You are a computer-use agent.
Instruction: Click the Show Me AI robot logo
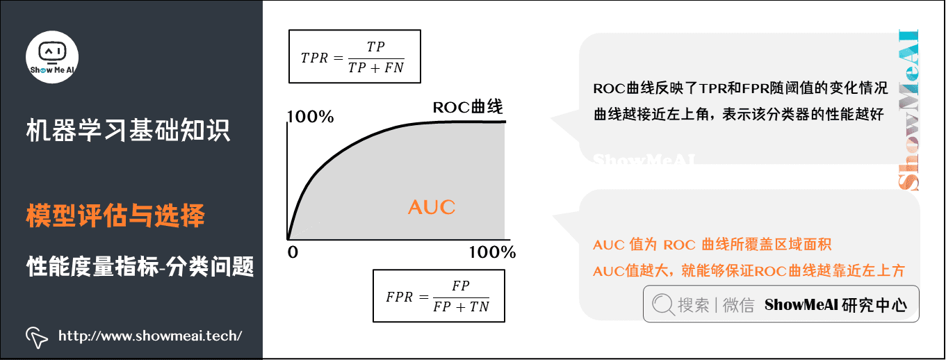pyautogui.click(x=52, y=55)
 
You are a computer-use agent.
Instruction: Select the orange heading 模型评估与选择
pyautogui.click(x=115, y=216)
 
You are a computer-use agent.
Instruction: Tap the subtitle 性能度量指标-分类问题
pyautogui.click(x=140, y=265)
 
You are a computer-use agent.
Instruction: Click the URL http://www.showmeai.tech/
pyautogui.click(x=150, y=336)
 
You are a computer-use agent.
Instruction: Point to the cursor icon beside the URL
pyautogui.click(x=36, y=337)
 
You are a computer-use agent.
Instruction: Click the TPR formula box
pyautogui.click(x=354, y=57)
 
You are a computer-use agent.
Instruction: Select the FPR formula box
pyautogui.click(x=439, y=296)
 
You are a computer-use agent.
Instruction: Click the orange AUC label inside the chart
pyautogui.click(x=431, y=207)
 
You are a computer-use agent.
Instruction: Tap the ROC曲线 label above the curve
pyautogui.click(x=467, y=107)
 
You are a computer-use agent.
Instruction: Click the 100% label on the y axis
pyautogui.click(x=310, y=117)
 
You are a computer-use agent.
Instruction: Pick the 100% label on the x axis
pyautogui.click(x=492, y=252)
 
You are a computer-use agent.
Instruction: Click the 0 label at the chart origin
pyautogui.click(x=293, y=252)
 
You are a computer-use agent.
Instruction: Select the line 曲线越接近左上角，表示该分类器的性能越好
pyautogui.click(x=738, y=115)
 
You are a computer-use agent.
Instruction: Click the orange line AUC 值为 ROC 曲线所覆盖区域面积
pyautogui.click(x=712, y=245)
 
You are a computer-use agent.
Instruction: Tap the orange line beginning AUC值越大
pyautogui.click(x=749, y=271)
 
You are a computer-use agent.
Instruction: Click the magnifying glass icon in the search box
pyautogui.click(x=662, y=304)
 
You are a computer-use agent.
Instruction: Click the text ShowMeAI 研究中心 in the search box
pyautogui.click(x=835, y=305)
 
